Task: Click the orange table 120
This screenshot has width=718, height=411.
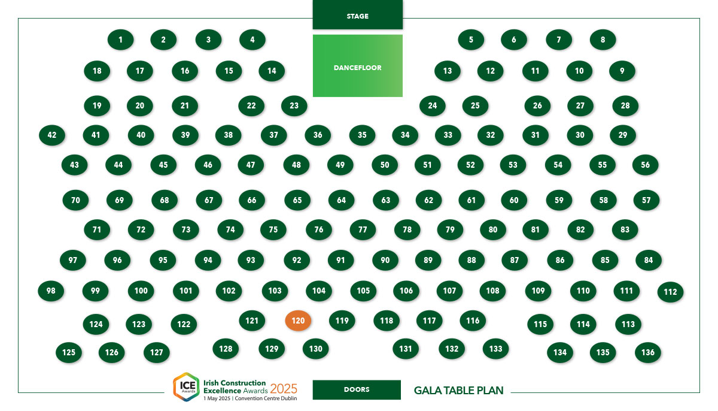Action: tap(298, 321)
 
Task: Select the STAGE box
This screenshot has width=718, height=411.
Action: tap(357, 14)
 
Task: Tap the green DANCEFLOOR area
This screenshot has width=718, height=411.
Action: tap(357, 66)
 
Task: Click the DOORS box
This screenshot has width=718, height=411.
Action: tap(357, 389)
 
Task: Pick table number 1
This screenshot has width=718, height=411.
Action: tap(120, 40)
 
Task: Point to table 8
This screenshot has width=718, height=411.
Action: tap(603, 40)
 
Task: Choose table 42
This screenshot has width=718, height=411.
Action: tap(52, 135)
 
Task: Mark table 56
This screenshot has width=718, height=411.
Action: tap(645, 165)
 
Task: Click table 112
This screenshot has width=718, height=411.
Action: tap(670, 292)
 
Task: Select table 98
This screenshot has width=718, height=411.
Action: tap(51, 291)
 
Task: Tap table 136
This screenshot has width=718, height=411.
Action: tap(648, 352)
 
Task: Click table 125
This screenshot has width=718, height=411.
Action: tap(69, 352)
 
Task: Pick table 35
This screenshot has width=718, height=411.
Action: tap(362, 135)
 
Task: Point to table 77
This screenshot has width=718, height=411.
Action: tap(363, 229)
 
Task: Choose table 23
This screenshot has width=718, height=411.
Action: tap(294, 105)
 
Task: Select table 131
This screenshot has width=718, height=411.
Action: tap(406, 349)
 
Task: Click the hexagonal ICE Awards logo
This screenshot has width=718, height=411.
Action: tap(186, 386)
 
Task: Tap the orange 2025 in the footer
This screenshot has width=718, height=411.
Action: tap(284, 389)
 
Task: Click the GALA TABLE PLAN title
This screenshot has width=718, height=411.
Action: tap(459, 391)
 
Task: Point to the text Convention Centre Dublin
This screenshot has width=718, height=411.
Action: tap(266, 398)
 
